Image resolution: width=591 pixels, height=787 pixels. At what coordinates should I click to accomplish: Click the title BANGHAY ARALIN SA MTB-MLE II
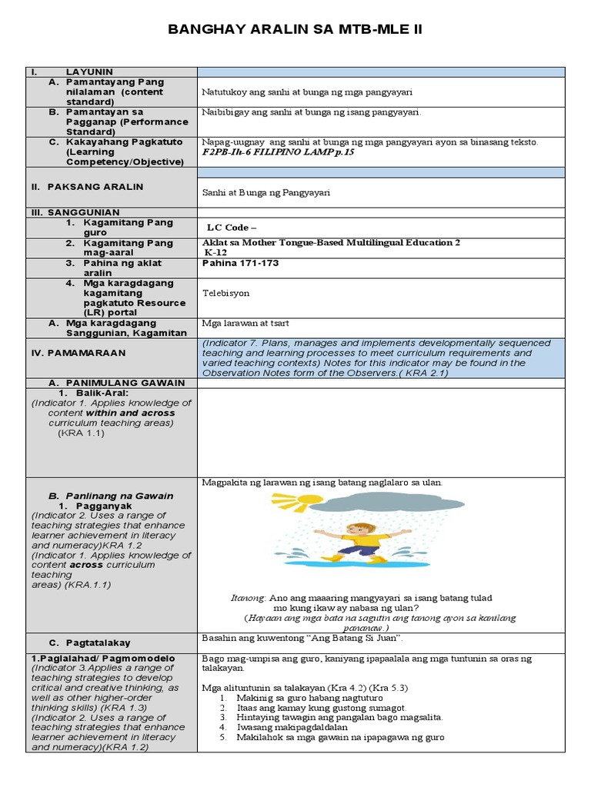point(295,30)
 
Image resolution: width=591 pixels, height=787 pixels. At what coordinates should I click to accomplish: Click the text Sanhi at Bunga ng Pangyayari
point(265,193)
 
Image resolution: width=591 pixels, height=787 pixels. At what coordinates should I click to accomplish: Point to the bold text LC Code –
point(232,227)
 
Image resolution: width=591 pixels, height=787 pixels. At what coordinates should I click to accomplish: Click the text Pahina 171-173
point(240,263)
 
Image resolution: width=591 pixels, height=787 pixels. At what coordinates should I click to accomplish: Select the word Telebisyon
point(225,293)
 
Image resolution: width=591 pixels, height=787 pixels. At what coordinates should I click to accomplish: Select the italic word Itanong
point(248,598)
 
